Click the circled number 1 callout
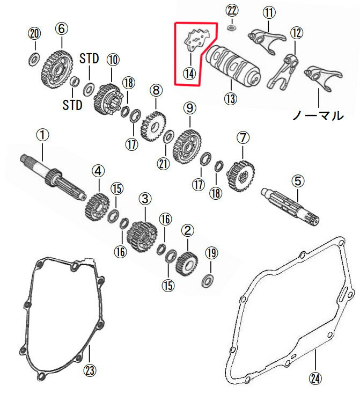(42, 132)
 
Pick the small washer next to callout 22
(231, 27)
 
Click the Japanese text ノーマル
(317, 115)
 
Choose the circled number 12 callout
(296, 32)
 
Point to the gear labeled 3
(140, 235)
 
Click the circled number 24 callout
(315, 379)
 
